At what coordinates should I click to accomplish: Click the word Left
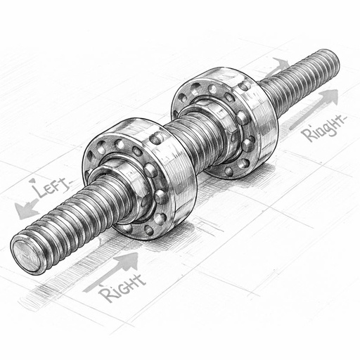pyautogui.click(x=47, y=188)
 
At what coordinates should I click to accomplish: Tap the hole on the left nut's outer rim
pyautogui.click(x=156, y=139)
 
